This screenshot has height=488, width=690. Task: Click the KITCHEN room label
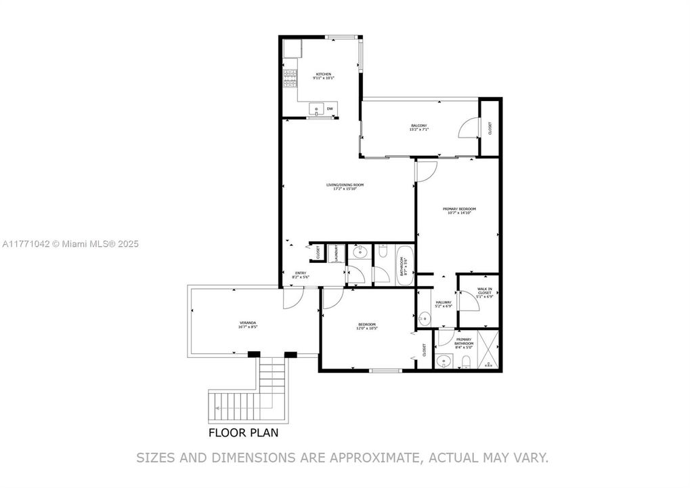pyautogui.click(x=323, y=74)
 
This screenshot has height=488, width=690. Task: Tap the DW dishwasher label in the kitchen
pyautogui.click(x=330, y=108)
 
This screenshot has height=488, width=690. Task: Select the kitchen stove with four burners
pyautogui.click(x=290, y=79)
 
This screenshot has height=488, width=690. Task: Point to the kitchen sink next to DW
pyautogui.click(x=316, y=108)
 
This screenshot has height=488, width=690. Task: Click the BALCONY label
pyautogui.click(x=418, y=125)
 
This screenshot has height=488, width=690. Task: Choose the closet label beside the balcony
pyautogui.click(x=490, y=127)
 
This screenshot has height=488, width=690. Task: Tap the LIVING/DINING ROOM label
pyautogui.click(x=345, y=184)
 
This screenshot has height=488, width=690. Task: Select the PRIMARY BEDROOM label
pyautogui.click(x=458, y=209)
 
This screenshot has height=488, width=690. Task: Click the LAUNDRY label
pyautogui.click(x=336, y=253)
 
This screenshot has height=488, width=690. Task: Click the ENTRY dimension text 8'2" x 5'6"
pyautogui.click(x=300, y=277)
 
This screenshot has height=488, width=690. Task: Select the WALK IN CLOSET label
pyautogui.click(x=484, y=292)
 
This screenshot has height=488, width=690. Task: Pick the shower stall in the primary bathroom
pyautogui.click(x=489, y=349)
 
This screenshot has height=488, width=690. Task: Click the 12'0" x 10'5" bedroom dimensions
pyautogui.click(x=367, y=329)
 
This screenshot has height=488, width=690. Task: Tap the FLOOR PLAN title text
pyautogui.click(x=242, y=432)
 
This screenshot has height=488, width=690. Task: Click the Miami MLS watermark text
pyautogui.click(x=70, y=243)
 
